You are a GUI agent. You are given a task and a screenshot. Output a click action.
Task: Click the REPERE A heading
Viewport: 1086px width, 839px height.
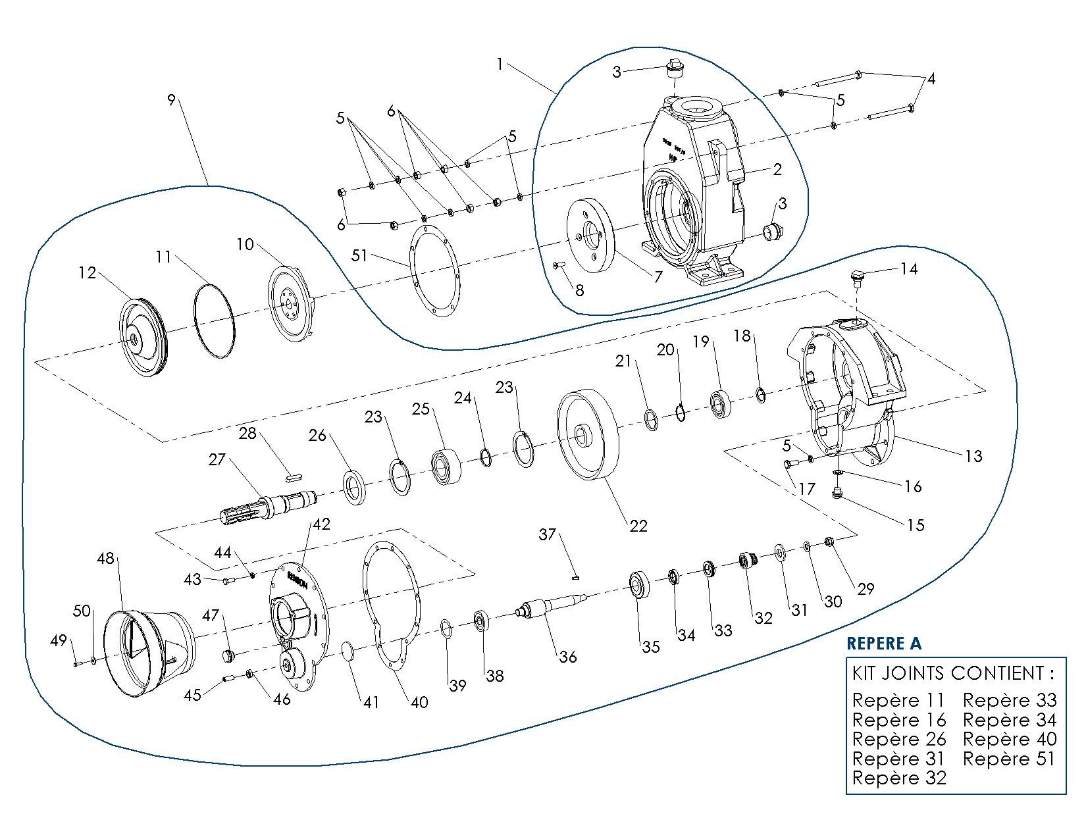883,644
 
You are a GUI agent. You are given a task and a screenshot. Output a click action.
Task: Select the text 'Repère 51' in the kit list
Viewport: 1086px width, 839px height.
1009,759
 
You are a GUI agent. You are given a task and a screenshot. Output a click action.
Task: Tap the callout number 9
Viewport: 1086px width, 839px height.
172,100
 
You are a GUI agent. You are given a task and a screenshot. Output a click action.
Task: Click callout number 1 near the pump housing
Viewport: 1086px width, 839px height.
500,64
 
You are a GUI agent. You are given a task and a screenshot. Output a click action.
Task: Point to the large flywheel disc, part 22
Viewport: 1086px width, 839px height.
588,434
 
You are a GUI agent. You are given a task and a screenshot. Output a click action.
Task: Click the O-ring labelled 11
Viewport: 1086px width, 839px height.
214,320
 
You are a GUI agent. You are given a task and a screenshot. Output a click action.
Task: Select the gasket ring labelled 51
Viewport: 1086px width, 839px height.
434,270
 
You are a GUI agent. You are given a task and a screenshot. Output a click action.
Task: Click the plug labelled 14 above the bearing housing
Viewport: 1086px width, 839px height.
856,278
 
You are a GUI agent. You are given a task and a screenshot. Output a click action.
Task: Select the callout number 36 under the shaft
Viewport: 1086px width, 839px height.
567,657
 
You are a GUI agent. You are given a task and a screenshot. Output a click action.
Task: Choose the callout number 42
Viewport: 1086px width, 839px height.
321,524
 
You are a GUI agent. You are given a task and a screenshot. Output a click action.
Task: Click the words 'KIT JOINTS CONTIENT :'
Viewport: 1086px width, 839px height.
952,673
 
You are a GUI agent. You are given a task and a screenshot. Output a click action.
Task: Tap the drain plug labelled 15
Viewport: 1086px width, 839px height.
837,493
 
